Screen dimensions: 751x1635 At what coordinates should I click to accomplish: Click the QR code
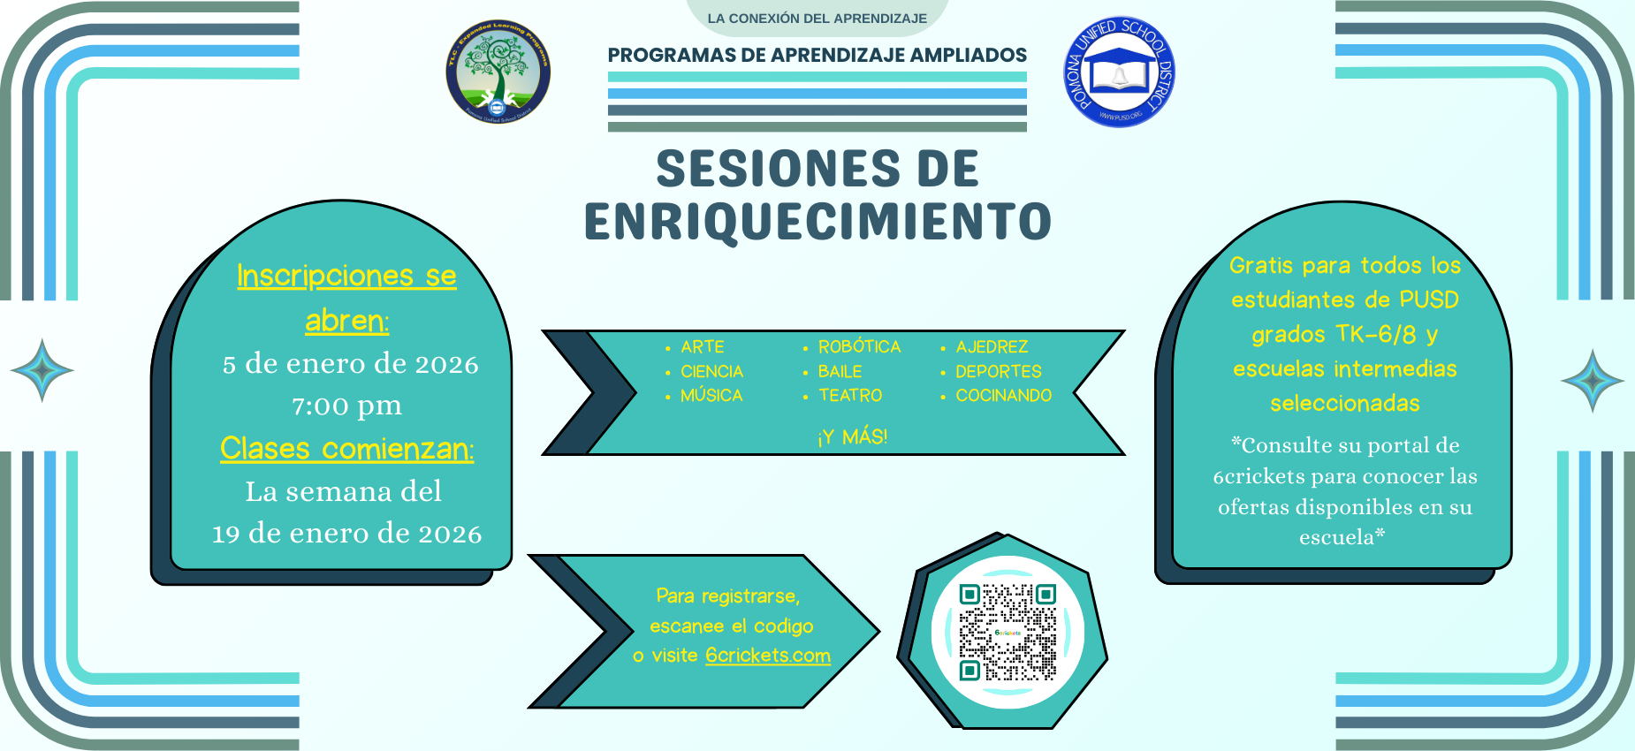pos(1008,633)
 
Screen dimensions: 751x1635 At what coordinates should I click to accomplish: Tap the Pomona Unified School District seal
pos(1119,72)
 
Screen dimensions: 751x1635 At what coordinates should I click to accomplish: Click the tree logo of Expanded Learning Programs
pos(498,72)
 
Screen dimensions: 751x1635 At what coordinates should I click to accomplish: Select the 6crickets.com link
pos(767,656)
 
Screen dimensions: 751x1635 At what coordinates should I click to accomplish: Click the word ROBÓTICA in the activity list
pos(859,347)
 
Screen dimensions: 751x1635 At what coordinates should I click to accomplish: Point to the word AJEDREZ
pos(992,347)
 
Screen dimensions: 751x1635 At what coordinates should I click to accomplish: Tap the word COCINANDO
pos(1003,396)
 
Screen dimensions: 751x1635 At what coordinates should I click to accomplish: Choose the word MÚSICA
pos(711,396)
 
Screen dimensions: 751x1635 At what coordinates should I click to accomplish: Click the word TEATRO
pos(850,396)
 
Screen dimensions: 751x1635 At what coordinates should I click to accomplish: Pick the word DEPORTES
pos(999,372)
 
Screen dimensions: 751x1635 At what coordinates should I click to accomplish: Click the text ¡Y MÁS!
pos(852,436)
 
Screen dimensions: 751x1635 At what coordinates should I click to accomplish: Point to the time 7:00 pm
pos(346,406)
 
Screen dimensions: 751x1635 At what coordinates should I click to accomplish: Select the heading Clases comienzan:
pos(346,449)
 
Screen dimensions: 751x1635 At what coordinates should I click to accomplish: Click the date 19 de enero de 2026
pos(346,534)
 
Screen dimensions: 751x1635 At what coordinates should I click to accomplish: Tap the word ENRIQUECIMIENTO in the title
pos(817,221)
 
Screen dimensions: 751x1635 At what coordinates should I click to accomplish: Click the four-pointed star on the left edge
pos(42,370)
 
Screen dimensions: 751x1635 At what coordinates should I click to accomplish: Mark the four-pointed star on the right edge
pos(1592,381)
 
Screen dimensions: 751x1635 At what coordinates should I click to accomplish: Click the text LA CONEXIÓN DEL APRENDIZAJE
pos(817,19)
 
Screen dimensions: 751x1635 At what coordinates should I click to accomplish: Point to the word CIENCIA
pos(711,372)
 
